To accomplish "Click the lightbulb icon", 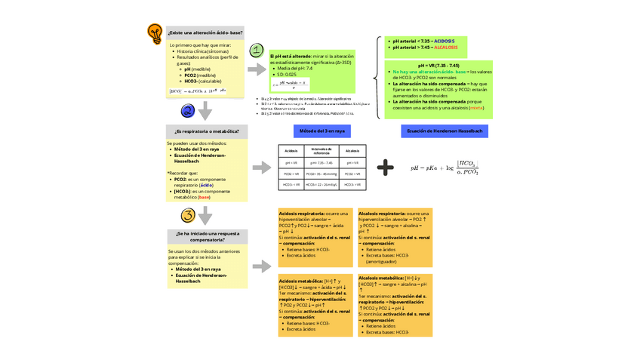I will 155,32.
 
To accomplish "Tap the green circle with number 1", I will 257,51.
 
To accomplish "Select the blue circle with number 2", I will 187,111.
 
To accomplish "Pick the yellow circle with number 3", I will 187,216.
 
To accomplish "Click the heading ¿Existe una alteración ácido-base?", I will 206,33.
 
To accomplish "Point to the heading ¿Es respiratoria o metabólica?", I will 207,131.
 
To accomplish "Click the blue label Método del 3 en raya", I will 322,131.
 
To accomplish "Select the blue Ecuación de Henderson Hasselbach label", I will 445,131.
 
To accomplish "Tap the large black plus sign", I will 385,168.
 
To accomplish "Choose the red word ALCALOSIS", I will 446,48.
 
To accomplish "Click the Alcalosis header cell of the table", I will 352,151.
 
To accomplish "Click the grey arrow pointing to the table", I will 260,168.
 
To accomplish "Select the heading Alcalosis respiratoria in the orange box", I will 383,214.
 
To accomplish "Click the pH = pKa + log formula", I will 445,168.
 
